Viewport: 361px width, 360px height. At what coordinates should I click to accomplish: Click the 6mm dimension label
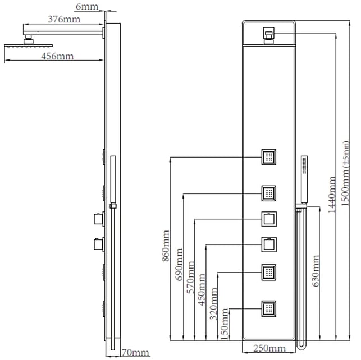tap(87, 6)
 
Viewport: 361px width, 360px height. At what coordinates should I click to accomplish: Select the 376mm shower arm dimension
tap(64, 19)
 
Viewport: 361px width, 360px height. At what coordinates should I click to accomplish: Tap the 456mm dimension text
tap(57, 56)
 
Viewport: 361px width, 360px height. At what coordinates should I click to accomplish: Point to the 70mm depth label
tap(135, 352)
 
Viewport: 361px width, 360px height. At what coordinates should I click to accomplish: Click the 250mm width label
tap(269, 349)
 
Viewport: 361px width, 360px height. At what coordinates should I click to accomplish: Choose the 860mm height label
tap(166, 246)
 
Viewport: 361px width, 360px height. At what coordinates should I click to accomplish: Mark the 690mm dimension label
tap(179, 264)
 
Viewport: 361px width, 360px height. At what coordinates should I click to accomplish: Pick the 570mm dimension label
tap(190, 277)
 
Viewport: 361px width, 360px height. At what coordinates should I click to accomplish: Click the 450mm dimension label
tap(202, 290)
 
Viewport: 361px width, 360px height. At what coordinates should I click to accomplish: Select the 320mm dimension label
tap(213, 304)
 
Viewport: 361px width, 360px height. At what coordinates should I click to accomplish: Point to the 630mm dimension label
tap(315, 271)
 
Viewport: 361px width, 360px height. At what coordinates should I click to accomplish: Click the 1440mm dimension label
tap(332, 195)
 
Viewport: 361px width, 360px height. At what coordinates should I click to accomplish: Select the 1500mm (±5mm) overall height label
tap(345, 174)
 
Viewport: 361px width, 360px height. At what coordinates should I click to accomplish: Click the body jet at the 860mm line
tap(269, 157)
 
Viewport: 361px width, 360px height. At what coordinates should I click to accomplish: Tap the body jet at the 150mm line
tap(269, 309)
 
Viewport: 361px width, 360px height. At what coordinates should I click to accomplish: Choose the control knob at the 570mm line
tap(269, 219)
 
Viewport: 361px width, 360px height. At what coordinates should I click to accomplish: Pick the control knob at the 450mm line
tap(269, 244)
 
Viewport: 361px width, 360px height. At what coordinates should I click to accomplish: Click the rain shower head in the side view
tap(29, 46)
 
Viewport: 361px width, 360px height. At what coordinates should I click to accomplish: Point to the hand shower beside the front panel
tap(304, 180)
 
